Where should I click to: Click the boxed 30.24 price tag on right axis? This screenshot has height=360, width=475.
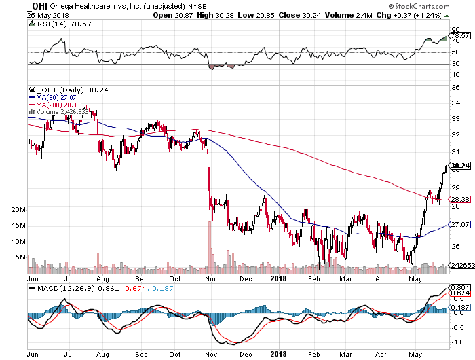pyautogui.click(x=460, y=166)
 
